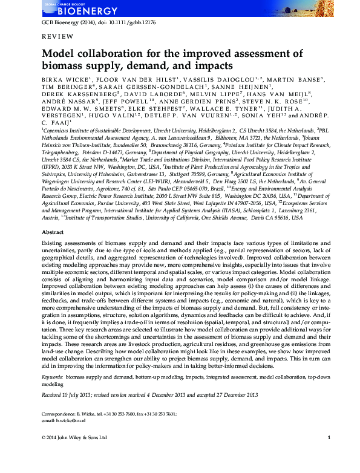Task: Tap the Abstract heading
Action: pyautogui.click(x=53, y=232)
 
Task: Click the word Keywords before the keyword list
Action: pyautogui.click(x=53, y=377)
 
